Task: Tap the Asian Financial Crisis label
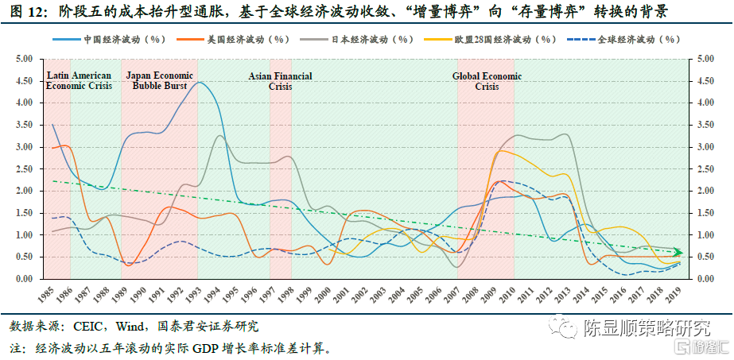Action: click(280, 81)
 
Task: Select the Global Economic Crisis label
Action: click(487, 81)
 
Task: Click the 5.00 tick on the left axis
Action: click(24, 59)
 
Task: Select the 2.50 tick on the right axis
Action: click(706, 169)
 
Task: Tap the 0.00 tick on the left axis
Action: click(24, 279)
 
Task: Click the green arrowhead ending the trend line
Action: click(678, 252)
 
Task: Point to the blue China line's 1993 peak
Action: click(199, 82)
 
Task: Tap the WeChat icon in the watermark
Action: click(566, 327)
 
